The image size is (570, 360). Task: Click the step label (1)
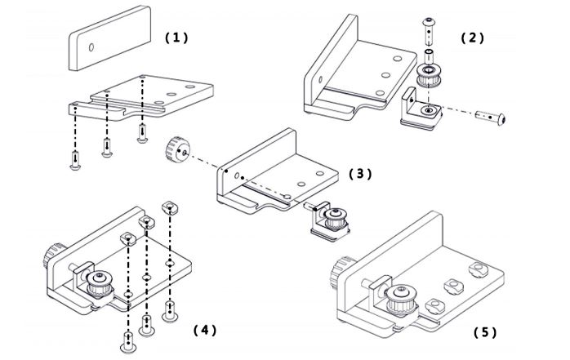click(x=176, y=38)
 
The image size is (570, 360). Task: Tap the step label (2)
click(x=473, y=38)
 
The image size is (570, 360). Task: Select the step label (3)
click(x=360, y=174)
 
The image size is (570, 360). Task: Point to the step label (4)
click(x=204, y=330)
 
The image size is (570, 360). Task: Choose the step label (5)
click(x=485, y=332)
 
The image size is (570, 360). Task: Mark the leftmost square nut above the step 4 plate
click(x=128, y=237)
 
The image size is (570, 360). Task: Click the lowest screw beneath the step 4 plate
click(x=127, y=340)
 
